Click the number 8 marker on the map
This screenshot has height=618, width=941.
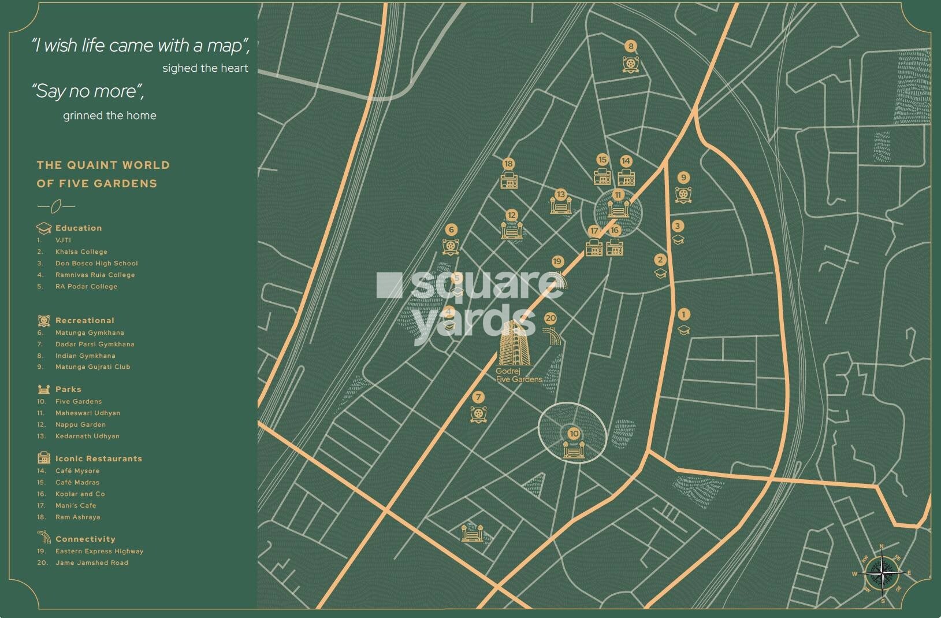pyautogui.click(x=631, y=46)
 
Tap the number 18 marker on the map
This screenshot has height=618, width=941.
pyautogui.click(x=508, y=164)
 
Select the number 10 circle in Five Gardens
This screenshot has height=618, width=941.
pyautogui.click(x=573, y=434)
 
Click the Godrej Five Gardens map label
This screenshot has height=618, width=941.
pyautogui.click(x=519, y=375)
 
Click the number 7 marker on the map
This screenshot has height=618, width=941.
pyautogui.click(x=478, y=397)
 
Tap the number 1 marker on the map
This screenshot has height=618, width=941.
pyautogui.click(x=683, y=314)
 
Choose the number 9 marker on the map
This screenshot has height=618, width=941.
pyautogui.click(x=683, y=177)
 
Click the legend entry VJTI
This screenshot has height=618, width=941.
pyautogui.click(x=63, y=240)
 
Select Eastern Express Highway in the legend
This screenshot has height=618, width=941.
pyautogui.click(x=99, y=552)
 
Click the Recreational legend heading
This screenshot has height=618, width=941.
pyautogui.click(x=84, y=320)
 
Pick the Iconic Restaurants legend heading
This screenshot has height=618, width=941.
pyautogui.click(x=98, y=458)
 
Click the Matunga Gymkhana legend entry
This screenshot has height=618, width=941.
pyautogui.click(x=90, y=333)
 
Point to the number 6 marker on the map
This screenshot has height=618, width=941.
pyautogui.click(x=451, y=230)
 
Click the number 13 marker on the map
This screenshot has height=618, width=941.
pyautogui.click(x=560, y=194)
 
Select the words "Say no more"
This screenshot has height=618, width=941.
pyautogui.click(x=87, y=91)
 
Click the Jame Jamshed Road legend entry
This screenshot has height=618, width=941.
pyautogui.click(x=91, y=563)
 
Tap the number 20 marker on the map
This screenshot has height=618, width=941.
pyautogui.click(x=550, y=318)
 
